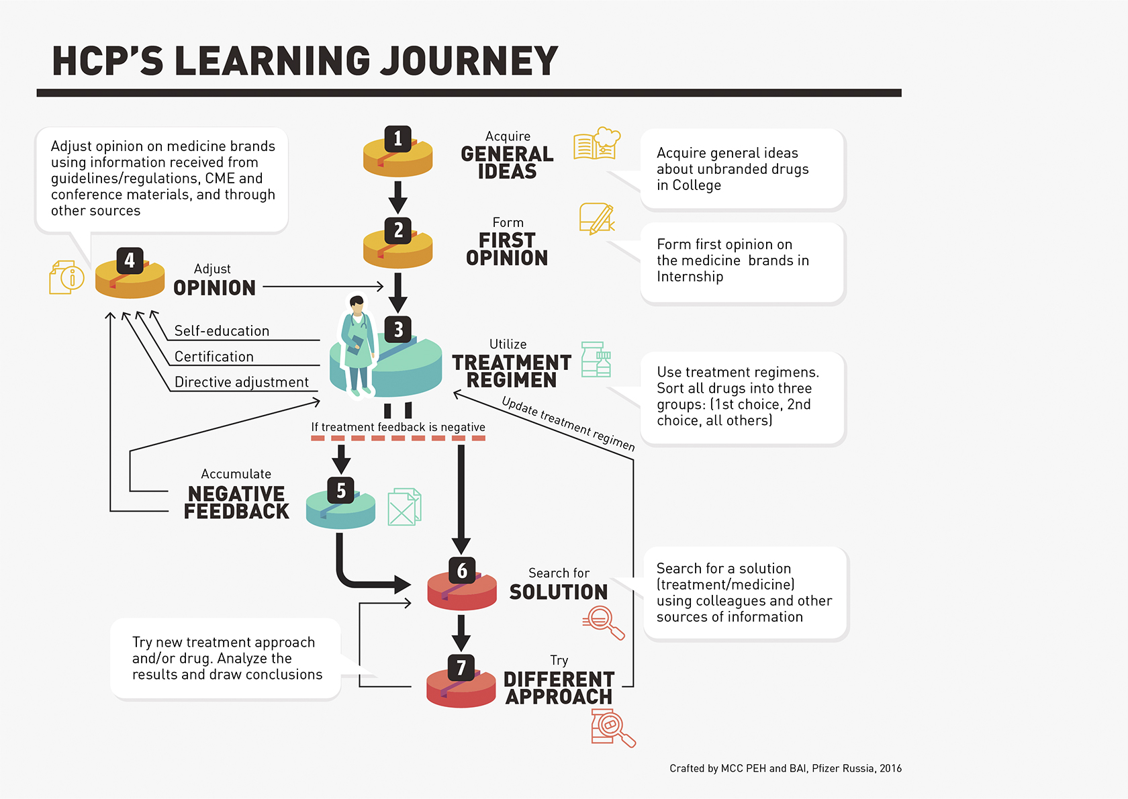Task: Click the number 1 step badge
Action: point(397,139)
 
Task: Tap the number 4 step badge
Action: point(130,261)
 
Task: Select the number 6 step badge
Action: point(462,571)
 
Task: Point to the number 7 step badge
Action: point(461,668)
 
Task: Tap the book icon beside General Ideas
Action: point(596,144)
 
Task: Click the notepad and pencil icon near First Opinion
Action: point(596,219)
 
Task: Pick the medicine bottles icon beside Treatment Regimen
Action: point(596,359)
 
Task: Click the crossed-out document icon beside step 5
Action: point(404,507)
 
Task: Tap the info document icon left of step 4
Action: point(66,277)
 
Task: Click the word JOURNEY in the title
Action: point(469,61)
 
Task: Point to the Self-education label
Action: point(222,331)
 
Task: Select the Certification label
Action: point(214,357)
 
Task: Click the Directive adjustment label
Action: point(242,382)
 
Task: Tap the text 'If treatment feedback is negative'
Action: point(398,427)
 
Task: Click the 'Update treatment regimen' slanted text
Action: point(568,424)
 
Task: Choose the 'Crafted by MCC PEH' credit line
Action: point(785,768)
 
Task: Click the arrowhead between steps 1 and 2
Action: point(398,204)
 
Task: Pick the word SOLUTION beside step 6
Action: point(558,592)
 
